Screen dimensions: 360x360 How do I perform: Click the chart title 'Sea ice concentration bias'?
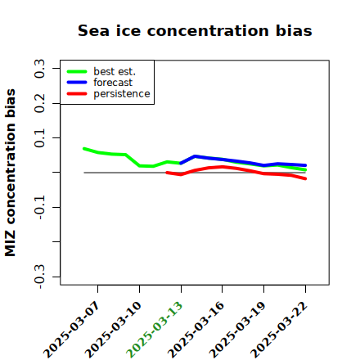click(195, 30)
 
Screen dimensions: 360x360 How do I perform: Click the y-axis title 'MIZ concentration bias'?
click(10, 173)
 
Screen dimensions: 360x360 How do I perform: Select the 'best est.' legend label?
click(115, 71)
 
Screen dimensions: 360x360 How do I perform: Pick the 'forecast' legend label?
click(113, 83)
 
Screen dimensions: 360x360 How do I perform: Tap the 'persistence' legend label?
click(122, 94)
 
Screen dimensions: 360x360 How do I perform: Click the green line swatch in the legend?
click(77, 71)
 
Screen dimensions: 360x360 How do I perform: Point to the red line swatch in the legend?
click(77, 94)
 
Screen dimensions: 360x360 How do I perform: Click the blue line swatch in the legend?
click(77, 83)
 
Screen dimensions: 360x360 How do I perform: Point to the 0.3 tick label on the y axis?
click(39, 69)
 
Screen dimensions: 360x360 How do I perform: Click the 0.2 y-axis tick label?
click(39, 103)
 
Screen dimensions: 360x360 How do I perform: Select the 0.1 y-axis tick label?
click(39, 138)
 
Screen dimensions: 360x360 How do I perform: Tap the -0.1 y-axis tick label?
click(39, 208)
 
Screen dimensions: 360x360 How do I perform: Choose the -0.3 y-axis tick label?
click(39, 277)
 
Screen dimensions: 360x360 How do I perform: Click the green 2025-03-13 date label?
click(155, 330)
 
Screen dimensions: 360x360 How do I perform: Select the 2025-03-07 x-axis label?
click(71, 330)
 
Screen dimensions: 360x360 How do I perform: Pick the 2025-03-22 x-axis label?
click(279, 330)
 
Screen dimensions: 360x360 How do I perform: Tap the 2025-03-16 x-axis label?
click(196, 330)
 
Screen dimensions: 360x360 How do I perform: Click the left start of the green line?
click(84, 149)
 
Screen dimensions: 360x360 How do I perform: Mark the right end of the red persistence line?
click(305, 178)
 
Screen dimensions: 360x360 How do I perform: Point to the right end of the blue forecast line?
click(305, 165)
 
